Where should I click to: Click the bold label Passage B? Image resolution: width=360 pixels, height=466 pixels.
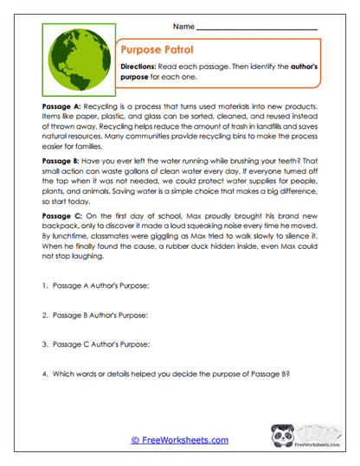pyautogui.click(x=61, y=162)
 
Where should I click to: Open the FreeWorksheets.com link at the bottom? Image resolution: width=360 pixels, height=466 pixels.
pyautogui.click(x=179, y=440)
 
